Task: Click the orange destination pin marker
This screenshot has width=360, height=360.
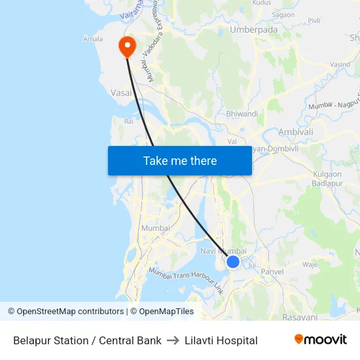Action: coord(126,46)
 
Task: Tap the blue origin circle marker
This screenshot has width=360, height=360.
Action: coord(233,262)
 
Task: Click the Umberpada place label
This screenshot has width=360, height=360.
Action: coord(254,29)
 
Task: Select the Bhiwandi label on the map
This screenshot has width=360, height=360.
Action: coord(242,113)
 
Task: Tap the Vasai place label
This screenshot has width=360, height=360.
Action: coord(121,93)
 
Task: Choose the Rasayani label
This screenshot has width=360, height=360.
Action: coord(300,317)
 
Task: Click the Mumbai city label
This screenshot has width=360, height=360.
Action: coord(155,228)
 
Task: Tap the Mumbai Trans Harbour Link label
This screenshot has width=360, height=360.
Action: coord(186,280)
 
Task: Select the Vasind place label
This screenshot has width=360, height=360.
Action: coord(340,65)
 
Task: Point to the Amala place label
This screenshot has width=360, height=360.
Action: coord(93,39)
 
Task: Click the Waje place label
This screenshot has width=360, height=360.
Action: coord(310,264)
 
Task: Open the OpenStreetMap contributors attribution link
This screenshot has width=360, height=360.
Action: coord(70,312)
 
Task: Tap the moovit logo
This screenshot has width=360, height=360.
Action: coord(320,340)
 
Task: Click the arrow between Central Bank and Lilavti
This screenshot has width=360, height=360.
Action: coord(173,340)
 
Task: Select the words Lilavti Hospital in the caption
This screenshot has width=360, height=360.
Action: coord(221,340)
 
